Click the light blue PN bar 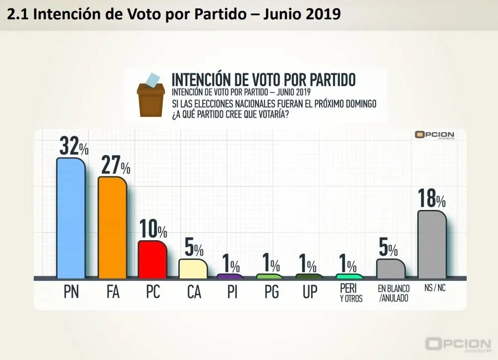click(x=71, y=218)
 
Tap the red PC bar click(x=152, y=259)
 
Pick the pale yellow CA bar click(x=193, y=268)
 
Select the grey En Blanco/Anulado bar click(x=391, y=268)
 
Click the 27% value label click(x=115, y=164)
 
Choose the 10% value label click(x=153, y=229)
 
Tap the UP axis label click(x=310, y=293)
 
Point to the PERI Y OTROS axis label click(x=351, y=292)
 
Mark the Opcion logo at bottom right click(x=458, y=344)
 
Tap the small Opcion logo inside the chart click(x=435, y=135)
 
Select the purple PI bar click(x=230, y=276)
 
